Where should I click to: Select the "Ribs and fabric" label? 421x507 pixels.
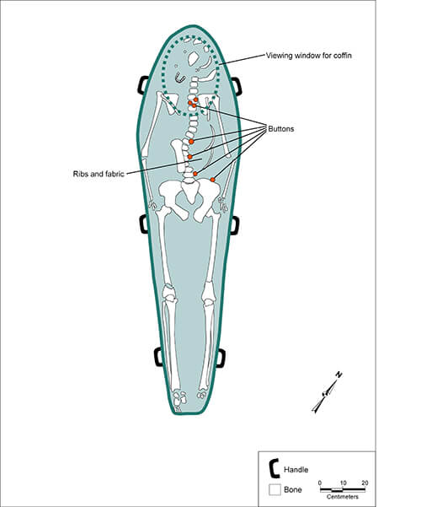[99, 174]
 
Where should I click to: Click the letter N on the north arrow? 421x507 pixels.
[338, 375]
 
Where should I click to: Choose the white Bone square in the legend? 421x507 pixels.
[274, 488]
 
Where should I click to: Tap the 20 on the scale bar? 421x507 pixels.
[364, 483]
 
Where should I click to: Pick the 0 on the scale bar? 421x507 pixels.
[321, 483]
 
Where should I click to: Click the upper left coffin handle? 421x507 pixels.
[141, 85]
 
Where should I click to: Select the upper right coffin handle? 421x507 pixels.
[237, 86]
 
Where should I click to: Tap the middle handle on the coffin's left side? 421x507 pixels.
[143, 224]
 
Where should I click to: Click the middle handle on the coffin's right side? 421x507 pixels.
[235, 224]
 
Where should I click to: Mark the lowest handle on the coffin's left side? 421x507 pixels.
[157, 357]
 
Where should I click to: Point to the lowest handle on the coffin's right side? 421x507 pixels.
[221, 358]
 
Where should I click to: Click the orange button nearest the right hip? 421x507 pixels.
[213, 180]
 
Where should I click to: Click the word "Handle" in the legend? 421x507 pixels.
[298, 468]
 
